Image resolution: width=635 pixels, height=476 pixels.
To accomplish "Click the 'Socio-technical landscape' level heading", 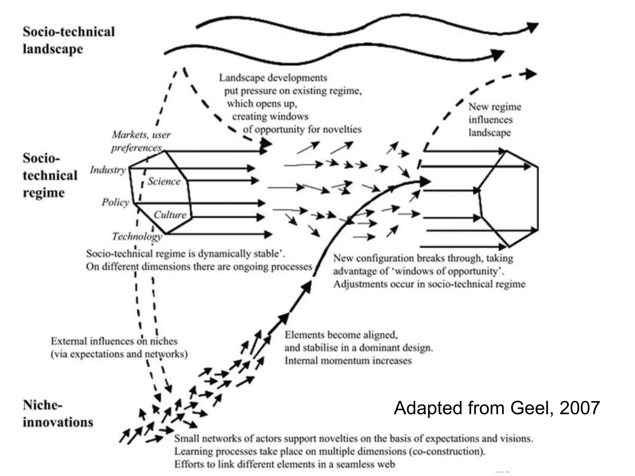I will tap(69, 40).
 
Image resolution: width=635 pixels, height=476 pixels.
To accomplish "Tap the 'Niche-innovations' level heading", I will tap(58, 414).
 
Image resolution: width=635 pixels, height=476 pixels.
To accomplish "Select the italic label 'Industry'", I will tap(108, 170).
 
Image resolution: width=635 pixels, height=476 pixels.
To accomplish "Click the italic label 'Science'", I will tap(164, 181).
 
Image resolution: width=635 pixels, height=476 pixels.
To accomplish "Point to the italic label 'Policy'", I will tap(115, 202).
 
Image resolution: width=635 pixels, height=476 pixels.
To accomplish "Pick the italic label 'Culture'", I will tap(170, 215).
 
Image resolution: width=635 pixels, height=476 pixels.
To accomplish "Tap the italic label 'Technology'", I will tap(137, 236).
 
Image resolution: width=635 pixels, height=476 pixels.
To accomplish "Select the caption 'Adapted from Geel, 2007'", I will tap(497, 408).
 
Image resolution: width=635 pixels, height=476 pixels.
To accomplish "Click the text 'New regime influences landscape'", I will tap(494, 120).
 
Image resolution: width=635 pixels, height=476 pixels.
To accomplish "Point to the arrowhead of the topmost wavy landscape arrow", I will tap(533, 27).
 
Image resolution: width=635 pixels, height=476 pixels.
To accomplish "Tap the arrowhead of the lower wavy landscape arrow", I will tap(498, 55).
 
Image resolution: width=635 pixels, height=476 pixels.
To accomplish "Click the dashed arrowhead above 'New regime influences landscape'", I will tap(531, 74).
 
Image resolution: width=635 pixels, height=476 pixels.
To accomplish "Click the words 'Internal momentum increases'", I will tap(348, 361).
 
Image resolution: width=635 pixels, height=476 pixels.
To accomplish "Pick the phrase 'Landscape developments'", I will tap(273, 78).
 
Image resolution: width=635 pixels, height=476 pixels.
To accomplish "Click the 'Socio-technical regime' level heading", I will tap(50, 175).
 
